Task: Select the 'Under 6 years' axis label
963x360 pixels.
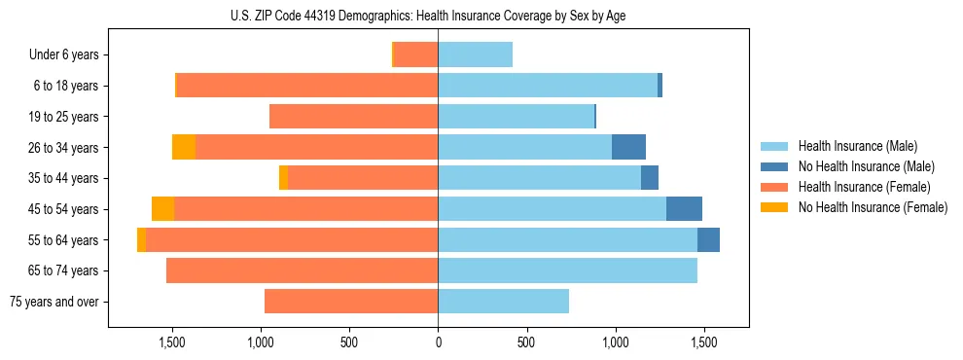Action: (64, 55)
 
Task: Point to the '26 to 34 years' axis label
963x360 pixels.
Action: (65, 148)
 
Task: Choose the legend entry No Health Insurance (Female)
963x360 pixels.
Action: (872, 207)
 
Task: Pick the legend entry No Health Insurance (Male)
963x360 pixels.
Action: (865, 166)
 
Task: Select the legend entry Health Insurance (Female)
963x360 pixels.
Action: (865, 187)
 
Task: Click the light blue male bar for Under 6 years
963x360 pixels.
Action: (475, 55)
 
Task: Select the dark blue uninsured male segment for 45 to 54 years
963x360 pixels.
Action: (684, 209)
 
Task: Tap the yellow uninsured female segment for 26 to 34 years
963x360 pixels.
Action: (184, 148)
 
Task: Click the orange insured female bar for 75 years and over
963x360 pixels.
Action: (351, 302)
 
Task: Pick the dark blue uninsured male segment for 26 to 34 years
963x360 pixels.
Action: (628, 148)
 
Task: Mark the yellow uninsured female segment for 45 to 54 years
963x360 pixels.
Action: (163, 209)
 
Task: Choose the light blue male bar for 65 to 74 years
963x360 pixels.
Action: (567, 270)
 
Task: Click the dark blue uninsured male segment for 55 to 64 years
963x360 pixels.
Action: (708, 240)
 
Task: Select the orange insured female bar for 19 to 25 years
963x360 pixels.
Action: (353, 117)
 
